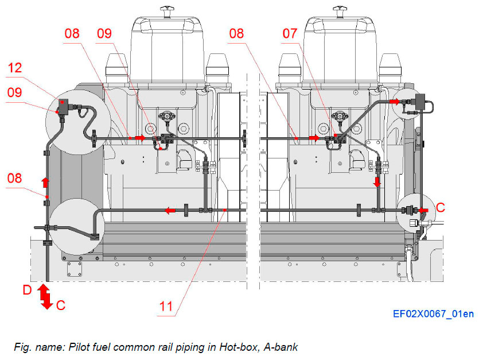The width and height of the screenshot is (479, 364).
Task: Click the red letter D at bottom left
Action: (27, 291)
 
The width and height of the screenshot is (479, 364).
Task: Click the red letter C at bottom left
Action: (61, 305)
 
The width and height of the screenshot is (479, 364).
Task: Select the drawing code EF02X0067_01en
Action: (433, 314)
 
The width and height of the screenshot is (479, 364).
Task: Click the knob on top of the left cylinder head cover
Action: (168, 10)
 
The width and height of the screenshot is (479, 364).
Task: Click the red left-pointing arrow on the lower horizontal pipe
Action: (170, 211)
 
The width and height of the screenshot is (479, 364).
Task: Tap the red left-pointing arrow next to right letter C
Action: (425, 210)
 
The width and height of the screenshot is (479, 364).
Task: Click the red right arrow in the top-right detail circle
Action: (395, 101)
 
